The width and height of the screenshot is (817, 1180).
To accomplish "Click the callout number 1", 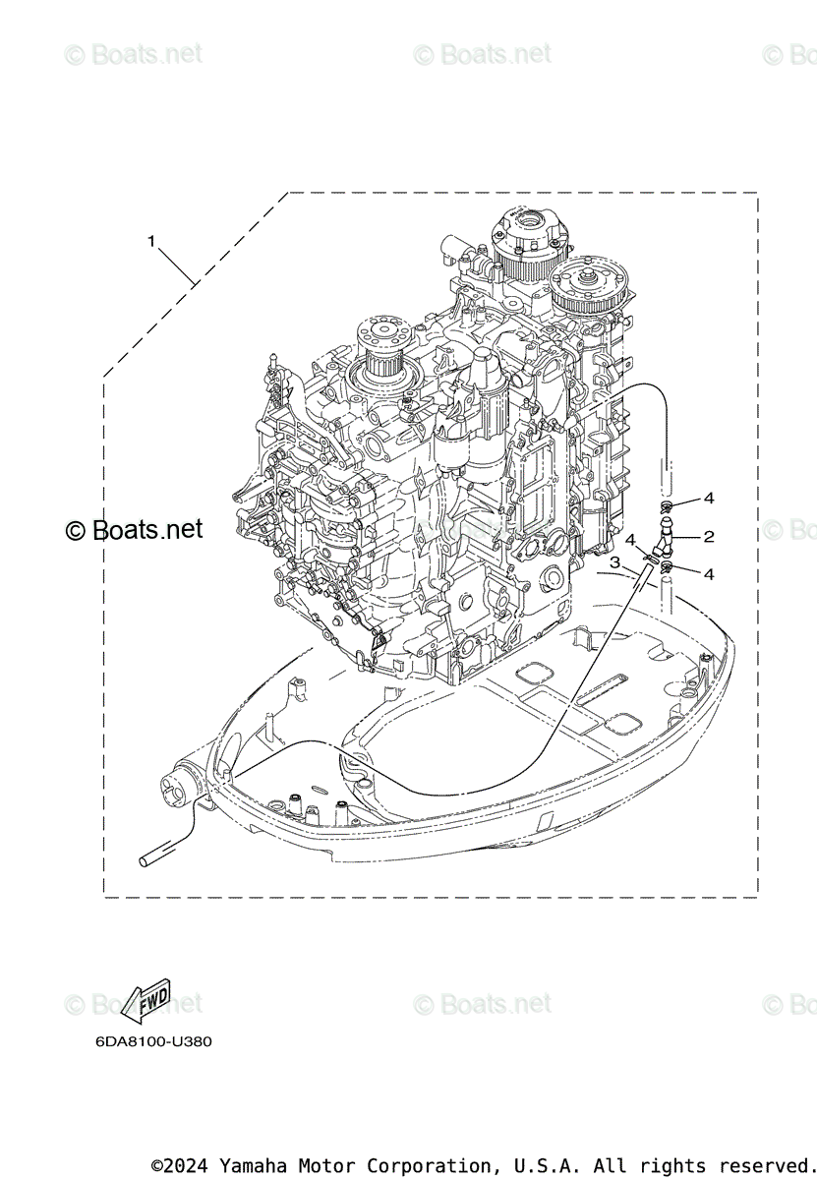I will pos(151,240).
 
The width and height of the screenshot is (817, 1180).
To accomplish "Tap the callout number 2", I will pos(708,537).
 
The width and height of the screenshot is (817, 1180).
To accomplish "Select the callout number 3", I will pos(614,562).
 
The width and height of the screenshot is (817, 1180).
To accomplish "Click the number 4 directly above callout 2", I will pos(709,499).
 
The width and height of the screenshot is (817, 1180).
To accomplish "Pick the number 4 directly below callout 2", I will pos(709,573).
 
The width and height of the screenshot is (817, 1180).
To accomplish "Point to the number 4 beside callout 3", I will pos(630,540).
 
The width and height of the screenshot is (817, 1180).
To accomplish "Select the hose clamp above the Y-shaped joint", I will pos(667,508).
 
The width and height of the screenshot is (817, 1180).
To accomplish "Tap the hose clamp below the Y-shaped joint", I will pos(668,567).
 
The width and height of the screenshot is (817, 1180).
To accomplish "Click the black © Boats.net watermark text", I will pos(134,530).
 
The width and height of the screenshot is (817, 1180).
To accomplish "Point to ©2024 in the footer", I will pos(182,1166).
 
